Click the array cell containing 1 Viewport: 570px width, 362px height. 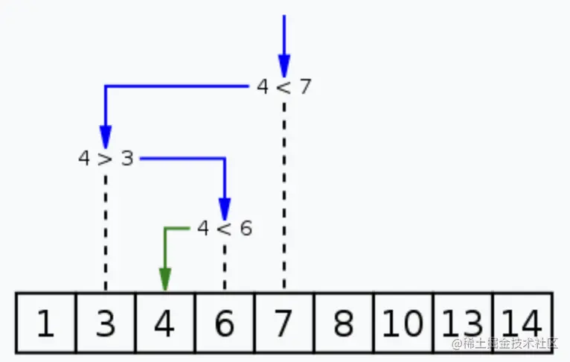[x=46, y=323]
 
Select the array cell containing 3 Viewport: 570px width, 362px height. [x=106, y=323]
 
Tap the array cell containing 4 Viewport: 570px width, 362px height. [x=165, y=323]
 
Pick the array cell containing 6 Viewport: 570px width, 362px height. [x=225, y=323]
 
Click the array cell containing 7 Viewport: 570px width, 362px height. [x=284, y=323]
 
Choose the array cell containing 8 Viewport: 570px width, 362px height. [x=344, y=323]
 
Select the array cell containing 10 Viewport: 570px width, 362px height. [x=403, y=323]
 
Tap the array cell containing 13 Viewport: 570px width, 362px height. [x=462, y=323]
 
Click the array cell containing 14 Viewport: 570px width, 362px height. [x=522, y=323]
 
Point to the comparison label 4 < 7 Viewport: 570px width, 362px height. [x=284, y=87]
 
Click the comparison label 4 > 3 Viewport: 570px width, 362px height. [x=106, y=159]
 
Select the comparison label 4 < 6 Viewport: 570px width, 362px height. [x=225, y=229]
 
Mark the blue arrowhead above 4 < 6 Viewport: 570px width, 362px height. [x=225, y=208]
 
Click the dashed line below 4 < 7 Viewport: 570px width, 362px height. [x=284, y=194]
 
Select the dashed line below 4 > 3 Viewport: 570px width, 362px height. [x=106, y=231]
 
